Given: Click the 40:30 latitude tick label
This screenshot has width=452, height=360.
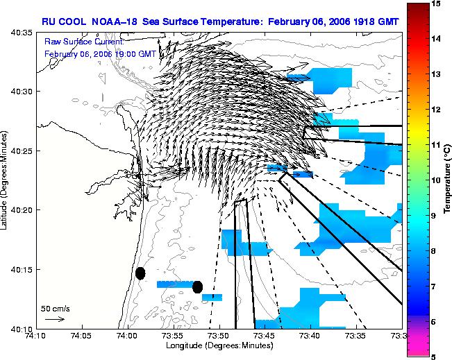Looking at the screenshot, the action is coord(22,92).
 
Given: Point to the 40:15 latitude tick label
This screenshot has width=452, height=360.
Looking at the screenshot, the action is coord(22,270).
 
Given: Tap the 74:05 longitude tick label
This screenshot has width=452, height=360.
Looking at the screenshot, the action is coord(83,336).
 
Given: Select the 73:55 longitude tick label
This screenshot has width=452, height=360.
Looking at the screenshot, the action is coord(174,336).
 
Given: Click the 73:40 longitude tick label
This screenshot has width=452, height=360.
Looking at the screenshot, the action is coord(311,336).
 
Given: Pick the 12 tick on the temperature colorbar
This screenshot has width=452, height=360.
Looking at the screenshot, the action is coord(435,110).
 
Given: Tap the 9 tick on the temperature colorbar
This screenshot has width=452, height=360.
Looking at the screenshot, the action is coord(433,216).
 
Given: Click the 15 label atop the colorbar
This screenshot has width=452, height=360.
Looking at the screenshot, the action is coord(435,3).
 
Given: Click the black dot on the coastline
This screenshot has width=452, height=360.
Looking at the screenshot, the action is coord(140,273).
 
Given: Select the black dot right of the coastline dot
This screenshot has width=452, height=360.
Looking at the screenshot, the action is coord(197,287).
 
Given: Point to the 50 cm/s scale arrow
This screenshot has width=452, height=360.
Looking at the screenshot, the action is coord(55,319).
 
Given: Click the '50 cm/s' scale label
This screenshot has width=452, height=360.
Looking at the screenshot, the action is coord(56,309).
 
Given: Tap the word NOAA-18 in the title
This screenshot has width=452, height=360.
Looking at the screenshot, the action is coord(114,22).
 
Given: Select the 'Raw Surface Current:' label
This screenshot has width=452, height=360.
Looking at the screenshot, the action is coord(84,42).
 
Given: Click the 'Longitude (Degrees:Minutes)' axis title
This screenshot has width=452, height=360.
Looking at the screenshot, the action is coord(219,345).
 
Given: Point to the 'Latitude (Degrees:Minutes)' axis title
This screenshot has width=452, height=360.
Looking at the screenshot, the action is coord(4,180).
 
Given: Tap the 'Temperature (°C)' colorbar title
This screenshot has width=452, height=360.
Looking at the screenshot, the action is coord(447,179).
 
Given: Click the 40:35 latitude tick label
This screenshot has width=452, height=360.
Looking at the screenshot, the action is coord(22,33).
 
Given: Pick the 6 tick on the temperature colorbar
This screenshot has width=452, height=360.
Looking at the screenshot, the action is coord(433,322).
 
